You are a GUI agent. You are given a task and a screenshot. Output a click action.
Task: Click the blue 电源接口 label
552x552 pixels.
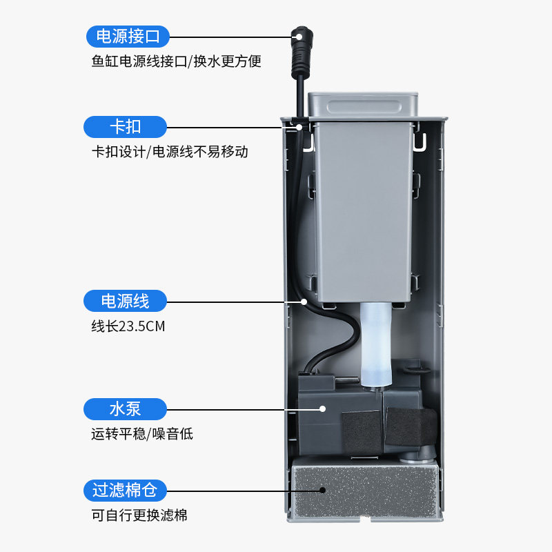(x=127, y=35)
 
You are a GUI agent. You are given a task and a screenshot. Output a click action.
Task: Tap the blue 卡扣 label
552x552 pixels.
(x=125, y=127)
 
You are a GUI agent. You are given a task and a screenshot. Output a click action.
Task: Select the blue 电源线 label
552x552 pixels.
(x=125, y=301)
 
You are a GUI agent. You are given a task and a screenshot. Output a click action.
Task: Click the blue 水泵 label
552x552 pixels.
(x=125, y=408)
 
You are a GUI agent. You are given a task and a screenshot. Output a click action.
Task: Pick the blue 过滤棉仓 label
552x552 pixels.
(x=125, y=491)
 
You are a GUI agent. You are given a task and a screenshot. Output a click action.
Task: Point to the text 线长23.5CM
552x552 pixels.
(x=128, y=326)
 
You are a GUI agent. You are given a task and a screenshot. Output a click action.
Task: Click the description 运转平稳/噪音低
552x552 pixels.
(x=141, y=435)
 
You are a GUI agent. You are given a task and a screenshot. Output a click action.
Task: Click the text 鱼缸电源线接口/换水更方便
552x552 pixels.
(x=176, y=61)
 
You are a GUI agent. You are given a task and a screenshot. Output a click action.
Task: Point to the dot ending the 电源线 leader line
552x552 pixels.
(x=303, y=302)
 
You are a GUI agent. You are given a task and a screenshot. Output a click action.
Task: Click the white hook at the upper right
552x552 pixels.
(x=420, y=141)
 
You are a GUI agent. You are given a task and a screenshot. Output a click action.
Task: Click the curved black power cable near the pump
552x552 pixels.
(x=338, y=345)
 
